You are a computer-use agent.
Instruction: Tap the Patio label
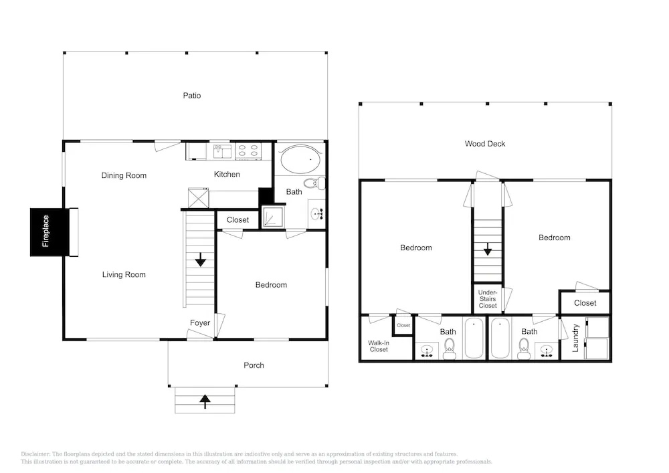192,96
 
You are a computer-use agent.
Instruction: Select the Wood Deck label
484,144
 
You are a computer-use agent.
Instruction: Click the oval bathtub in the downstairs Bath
301,159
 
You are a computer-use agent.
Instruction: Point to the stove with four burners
248,151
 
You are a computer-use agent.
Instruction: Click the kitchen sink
222,151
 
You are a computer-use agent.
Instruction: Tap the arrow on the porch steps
205,401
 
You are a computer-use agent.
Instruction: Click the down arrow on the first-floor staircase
200,260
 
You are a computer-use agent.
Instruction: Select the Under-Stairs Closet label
488,299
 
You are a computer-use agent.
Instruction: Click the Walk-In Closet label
379,346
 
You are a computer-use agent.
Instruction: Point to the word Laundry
575,338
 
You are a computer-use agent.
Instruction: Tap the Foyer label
200,323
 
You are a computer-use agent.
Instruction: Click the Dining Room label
124,175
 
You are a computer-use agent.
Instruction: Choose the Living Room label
124,275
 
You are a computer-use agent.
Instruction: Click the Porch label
254,365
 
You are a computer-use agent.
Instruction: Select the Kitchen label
227,174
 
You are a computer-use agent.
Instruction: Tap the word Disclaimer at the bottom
35,454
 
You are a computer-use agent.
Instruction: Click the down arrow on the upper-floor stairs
487,249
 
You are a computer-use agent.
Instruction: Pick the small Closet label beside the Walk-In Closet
403,325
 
